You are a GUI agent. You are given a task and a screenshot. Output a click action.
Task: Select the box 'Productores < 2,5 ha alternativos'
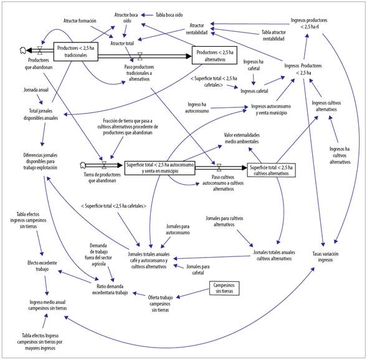214,56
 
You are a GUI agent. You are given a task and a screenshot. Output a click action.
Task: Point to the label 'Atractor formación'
80,21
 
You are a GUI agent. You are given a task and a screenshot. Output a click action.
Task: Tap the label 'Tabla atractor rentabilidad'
282,35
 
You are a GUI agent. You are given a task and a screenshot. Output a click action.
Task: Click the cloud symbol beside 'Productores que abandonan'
22,50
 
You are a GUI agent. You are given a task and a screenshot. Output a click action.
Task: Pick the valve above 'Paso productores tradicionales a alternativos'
140,56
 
